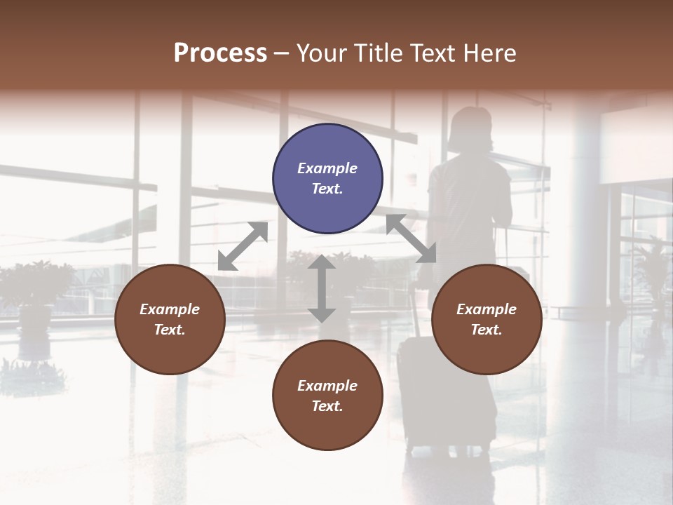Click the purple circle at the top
click(x=327, y=179)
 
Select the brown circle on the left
click(x=170, y=319)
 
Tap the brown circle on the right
click(x=487, y=319)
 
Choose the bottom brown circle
click(x=327, y=396)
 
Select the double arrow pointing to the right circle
click(x=412, y=238)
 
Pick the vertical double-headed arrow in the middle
click(x=322, y=289)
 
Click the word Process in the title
click(x=220, y=53)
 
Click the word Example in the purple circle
click(x=327, y=168)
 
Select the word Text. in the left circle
click(x=170, y=330)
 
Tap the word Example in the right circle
click(x=487, y=309)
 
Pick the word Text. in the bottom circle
click(x=327, y=406)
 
